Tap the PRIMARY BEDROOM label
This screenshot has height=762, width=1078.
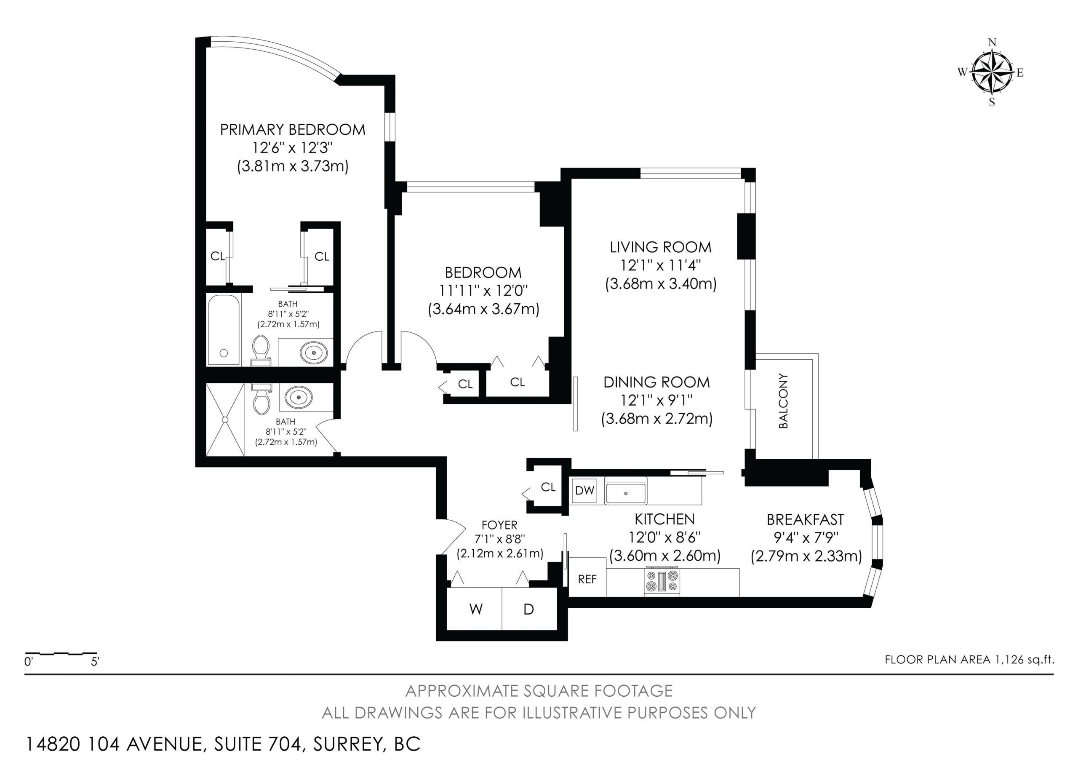point(293,130)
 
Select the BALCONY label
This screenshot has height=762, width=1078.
point(783,401)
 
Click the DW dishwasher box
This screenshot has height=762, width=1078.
point(584,491)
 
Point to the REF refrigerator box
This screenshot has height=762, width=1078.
point(587,578)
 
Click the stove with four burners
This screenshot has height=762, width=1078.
point(662,582)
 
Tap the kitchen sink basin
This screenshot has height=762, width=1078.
point(625,492)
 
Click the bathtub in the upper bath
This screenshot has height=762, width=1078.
point(224,329)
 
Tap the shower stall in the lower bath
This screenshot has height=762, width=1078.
point(225,419)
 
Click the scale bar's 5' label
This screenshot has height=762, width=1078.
point(95,661)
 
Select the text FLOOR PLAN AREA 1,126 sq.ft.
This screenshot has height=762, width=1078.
point(969,659)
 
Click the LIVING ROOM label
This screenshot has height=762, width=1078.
point(661,247)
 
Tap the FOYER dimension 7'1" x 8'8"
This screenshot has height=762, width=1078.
point(499,539)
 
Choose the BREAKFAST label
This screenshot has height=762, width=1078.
point(805,520)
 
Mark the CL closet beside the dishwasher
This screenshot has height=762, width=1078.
point(548,487)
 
